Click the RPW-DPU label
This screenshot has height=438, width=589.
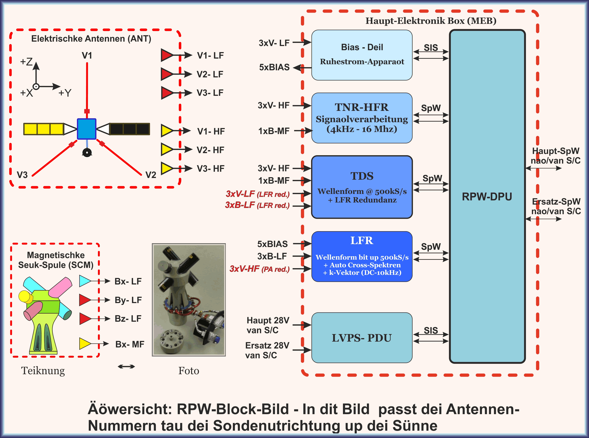[x=487, y=197]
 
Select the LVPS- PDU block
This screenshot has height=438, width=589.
[x=362, y=338]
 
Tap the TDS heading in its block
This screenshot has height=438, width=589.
[x=362, y=176]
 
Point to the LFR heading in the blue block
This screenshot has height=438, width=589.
[x=362, y=241]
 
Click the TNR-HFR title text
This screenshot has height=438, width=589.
[x=362, y=107]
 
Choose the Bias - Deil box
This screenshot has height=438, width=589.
[x=362, y=55]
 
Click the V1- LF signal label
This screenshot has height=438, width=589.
[x=210, y=55]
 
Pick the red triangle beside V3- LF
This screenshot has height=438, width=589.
[x=167, y=93]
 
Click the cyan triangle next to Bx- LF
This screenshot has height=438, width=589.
[x=85, y=281]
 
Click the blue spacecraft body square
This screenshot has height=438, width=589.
[x=86, y=129]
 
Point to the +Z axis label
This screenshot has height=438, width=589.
[x=26, y=62]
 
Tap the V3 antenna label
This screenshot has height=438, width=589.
[x=22, y=175]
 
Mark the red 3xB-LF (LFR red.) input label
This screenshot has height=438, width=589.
[x=257, y=205]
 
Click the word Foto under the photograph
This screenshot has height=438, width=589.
[x=189, y=371]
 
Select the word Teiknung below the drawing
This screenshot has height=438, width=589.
[x=43, y=371]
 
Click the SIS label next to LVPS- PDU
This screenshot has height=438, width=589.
[x=431, y=330]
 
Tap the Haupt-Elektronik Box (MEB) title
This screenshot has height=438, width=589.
[x=431, y=21]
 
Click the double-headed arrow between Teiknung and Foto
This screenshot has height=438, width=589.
[x=126, y=367]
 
